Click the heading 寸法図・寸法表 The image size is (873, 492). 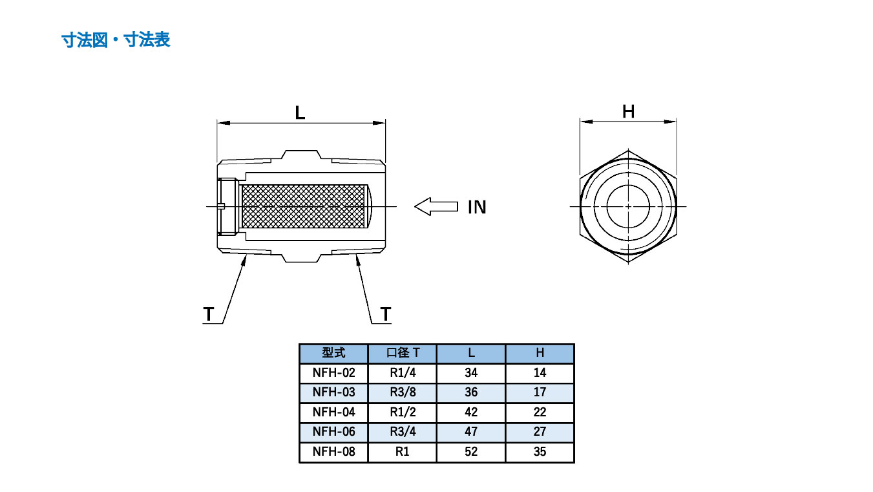(116, 40)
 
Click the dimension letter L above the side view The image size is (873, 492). (300, 112)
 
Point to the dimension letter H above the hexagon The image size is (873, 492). (628, 112)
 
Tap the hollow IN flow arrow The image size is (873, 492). (436, 207)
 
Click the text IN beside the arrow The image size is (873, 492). (477, 208)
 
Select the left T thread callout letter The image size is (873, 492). (208, 314)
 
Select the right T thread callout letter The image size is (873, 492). (386, 314)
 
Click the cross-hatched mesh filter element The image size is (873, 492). (304, 207)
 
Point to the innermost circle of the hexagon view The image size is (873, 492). (628, 206)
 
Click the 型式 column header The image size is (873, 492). (333, 353)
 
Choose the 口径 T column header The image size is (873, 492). (403, 353)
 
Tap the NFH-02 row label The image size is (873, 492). (333, 372)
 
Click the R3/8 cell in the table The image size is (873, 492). (403, 392)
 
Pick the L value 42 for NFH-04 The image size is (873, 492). (471, 412)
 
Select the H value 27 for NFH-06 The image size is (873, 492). (540, 431)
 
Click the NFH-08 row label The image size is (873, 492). (333, 451)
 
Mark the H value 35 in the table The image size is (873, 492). (540, 451)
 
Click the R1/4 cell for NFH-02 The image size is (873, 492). (403, 372)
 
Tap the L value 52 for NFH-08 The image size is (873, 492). (471, 451)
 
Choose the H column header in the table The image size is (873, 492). (540, 353)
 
